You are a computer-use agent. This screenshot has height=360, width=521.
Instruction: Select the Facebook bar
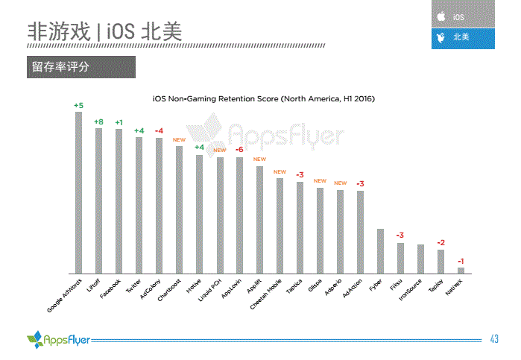click(119, 201)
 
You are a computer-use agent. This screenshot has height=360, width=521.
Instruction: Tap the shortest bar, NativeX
click(461, 270)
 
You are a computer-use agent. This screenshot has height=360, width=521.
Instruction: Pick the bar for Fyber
click(380, 250)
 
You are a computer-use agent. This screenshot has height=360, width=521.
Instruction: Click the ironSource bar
click(420, 259)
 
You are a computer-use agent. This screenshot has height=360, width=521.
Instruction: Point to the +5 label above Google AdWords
click(78, 105)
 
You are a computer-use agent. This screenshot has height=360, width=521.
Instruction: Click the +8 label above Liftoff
click(98, 121)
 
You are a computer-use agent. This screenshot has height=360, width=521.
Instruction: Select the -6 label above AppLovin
click(239, 150)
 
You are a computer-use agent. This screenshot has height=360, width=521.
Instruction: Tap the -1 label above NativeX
click(461, 261)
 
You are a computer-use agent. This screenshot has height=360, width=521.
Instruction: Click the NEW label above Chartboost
click(179, 139)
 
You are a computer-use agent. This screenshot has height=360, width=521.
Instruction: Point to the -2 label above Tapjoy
click(441, 243)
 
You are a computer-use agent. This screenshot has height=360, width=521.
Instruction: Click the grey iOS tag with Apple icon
click(462, 15)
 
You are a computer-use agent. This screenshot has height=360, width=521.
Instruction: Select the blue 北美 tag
click(462, 37)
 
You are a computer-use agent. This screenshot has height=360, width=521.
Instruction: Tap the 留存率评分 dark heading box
click(80, 67)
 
